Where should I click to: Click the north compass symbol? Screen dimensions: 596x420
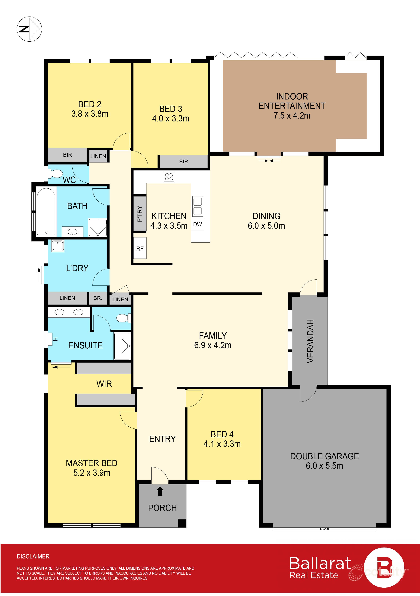[29, 29]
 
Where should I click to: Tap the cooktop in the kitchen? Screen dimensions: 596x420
[169, 176]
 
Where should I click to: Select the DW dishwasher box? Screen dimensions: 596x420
[198, 224]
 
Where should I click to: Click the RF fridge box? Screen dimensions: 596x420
[140, 248]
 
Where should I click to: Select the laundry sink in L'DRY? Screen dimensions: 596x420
[58, 246]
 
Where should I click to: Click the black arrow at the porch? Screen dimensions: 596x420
[160, 491]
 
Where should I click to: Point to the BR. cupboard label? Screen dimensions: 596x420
[98, 298]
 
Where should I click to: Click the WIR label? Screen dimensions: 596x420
[104, 384]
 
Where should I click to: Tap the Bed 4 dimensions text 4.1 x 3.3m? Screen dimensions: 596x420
[222, 444]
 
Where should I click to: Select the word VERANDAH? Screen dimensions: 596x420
[310, 341]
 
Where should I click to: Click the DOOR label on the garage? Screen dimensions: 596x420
[325, 529]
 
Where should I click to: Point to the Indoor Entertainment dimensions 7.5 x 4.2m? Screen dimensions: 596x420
[292, 115]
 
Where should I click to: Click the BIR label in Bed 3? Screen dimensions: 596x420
[183, 161]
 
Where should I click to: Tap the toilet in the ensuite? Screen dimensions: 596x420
[123, 318]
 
